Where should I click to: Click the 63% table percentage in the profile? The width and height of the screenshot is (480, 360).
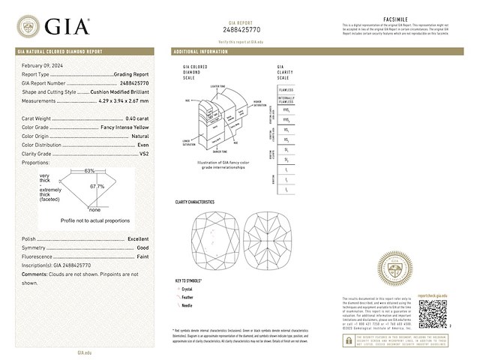[89, 171]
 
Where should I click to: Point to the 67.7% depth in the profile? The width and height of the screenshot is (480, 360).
[97, 185]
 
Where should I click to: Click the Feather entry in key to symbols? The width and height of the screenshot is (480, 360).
[187, 297]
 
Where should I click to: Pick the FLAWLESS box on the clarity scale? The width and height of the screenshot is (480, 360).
[286, 88]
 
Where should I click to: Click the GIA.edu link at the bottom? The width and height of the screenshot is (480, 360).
[85, 351]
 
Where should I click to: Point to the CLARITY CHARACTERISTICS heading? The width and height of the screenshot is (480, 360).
[194, 202]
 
